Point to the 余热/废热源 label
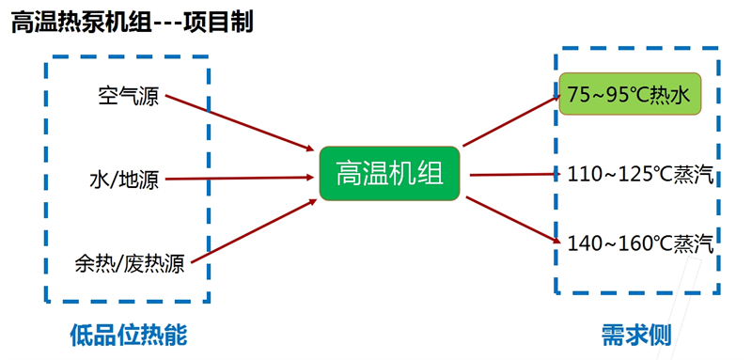click(x=129, y=264)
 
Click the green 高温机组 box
click(x=389, y=173)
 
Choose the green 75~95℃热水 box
click(x=630, y=94)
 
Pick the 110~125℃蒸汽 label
click(x=640, y=174)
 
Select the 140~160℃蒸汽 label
click(x=640, y=244)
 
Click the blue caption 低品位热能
click(x=129, y=335)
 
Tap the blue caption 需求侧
click(x=636, y=336)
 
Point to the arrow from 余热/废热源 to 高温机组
click(x=254, y=226)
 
